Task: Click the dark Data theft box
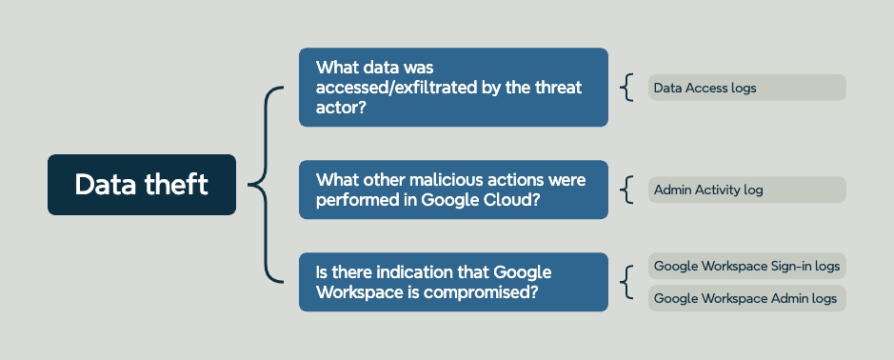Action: pyautogui.click(x=142, y=184)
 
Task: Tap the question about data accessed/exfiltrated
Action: pyautogui.click(x=453, y=88)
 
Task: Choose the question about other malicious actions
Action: pyautogui.click(x=453, y=190)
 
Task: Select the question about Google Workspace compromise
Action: pyautogui.click(x=453, y=282)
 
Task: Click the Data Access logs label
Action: pyautogui.click(x=746, y=88)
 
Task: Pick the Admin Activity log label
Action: pyautogui.click(x=746, y=190)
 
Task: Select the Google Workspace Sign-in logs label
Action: pyautogui.click(x=746, y=266)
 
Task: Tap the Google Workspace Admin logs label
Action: pyautogui.click(x=746, y=298)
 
